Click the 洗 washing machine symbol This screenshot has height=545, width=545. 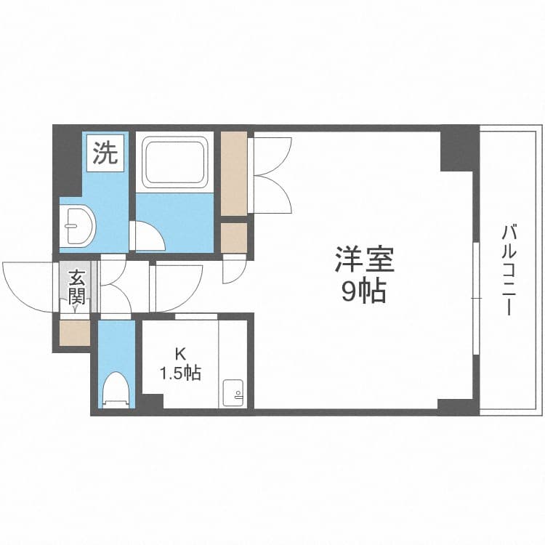105,153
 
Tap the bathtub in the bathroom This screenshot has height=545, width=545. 175,162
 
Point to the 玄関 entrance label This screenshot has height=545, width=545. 76,287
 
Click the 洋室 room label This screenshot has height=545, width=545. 364,259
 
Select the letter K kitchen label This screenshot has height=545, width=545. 180,355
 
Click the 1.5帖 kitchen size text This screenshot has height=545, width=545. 180,374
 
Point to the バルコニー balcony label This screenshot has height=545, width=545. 509,270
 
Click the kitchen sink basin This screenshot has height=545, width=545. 233,392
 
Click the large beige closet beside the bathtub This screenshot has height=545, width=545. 234,174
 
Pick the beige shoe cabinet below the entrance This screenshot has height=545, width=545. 75,333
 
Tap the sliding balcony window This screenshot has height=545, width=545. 476,299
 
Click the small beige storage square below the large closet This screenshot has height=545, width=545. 234,238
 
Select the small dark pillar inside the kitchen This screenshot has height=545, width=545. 153,401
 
